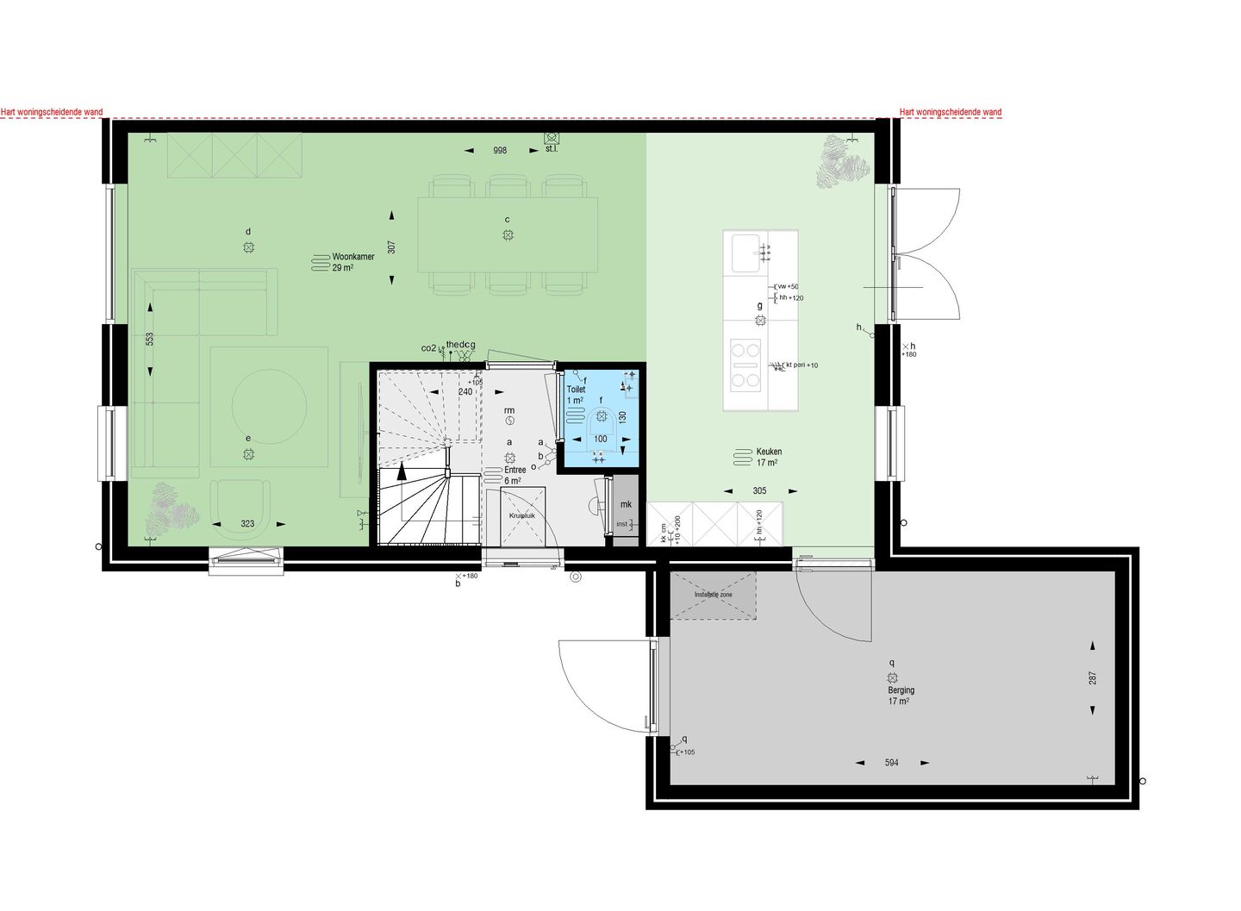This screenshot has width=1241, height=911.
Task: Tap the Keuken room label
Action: (x=769, y=452)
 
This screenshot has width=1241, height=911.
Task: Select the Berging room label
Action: (x=901, y=690)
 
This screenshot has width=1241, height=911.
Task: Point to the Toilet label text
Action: (x=576, y=390)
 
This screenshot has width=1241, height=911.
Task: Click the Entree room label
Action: (x=515, y=470)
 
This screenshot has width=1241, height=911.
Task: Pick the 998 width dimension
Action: (x=500, y=151)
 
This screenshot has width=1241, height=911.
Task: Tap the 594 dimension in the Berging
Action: (x=891, y=763)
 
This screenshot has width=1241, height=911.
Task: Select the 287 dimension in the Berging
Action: (x=1093, y=677)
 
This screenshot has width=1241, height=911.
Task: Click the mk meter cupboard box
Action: (x=626, y=504)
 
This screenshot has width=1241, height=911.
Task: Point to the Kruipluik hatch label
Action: (x=522, y=515)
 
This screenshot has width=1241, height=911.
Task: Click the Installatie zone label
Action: (x=714, y=595)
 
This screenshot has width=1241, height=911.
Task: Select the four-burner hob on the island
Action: (x=745, y=364)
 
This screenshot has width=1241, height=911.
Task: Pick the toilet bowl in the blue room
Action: (x=601, y=420)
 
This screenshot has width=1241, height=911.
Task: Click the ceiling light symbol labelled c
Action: (x=508, y=235)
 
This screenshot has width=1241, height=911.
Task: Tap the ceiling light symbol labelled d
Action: (x=248, y=247)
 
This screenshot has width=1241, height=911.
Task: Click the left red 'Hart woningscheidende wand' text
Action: (x=52, y=112)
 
